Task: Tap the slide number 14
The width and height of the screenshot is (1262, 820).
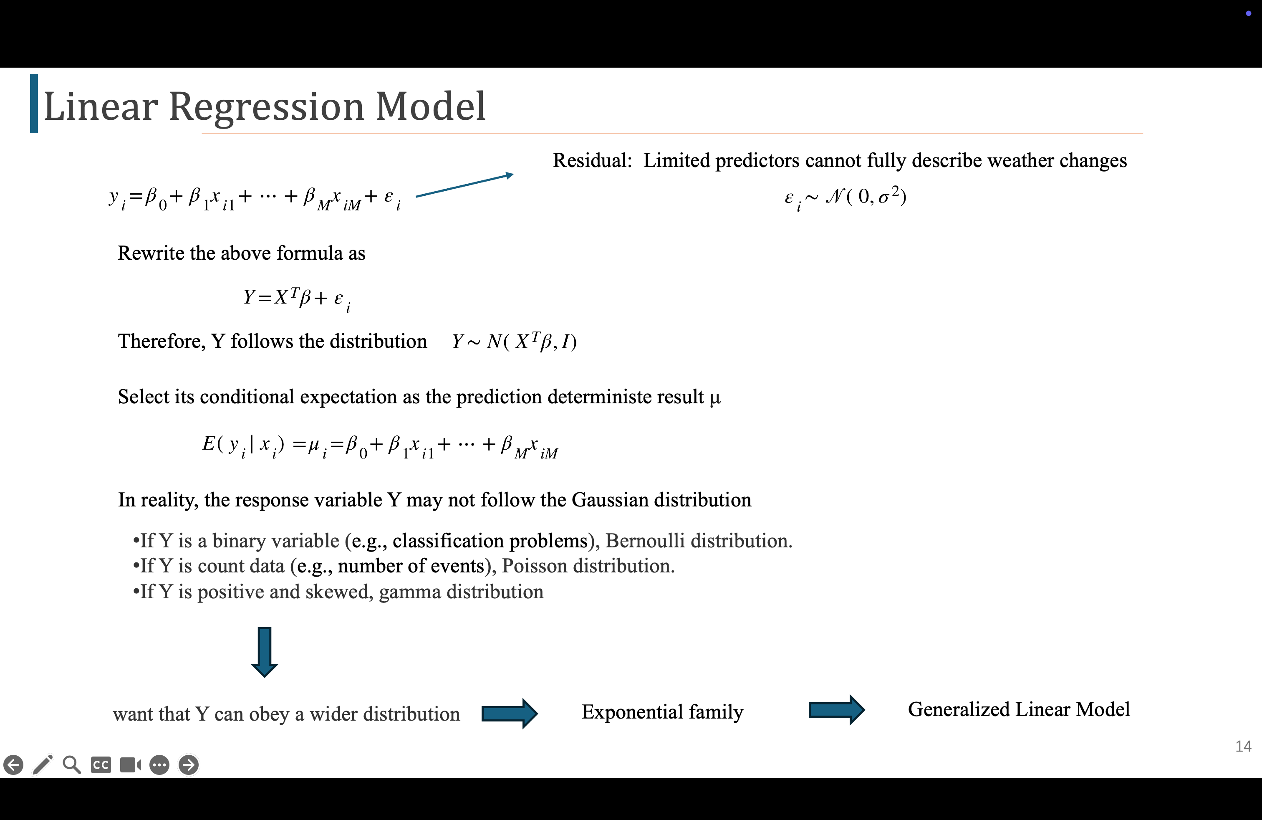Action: pos(1243,746)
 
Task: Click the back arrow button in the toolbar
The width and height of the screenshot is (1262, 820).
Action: pos(13,765)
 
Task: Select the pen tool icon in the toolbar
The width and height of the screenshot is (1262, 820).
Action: pos(43,764)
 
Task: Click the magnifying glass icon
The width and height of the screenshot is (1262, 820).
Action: pos(72,765)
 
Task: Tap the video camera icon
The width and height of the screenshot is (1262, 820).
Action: pos(131,765)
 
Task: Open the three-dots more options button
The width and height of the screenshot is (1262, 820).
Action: pos(159,765)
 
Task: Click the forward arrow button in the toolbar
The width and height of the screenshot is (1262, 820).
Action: pos(188,765)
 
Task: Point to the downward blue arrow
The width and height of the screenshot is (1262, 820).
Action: pos(264,652)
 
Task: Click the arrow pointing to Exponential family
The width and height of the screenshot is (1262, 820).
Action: pos(509,714)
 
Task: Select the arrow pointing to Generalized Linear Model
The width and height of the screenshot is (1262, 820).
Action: pos(836,710)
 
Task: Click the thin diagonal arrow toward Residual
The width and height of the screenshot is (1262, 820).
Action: pos(464,185)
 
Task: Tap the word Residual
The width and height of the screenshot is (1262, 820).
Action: pos(592,160)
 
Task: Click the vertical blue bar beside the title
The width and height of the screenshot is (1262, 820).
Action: pos(34,104)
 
